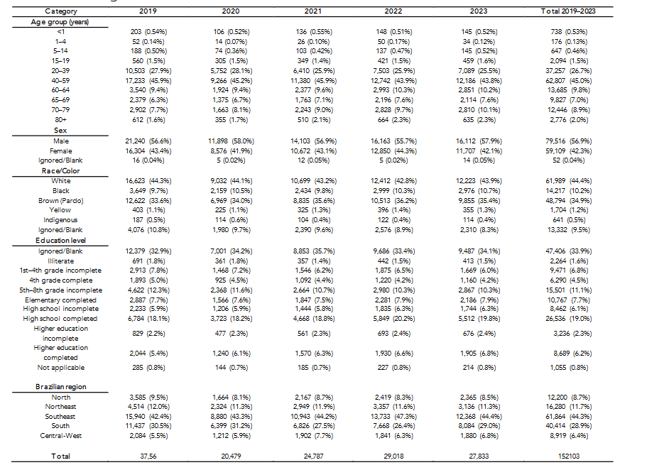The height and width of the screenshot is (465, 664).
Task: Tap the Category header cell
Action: (x=61, y=12)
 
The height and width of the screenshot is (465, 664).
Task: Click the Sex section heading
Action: (x=61, y=131)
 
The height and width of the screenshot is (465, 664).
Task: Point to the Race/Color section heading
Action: (x=61, y=171)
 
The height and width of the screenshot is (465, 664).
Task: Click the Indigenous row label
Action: (x=61, y=221)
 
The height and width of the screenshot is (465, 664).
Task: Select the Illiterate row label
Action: (x=61, y=261)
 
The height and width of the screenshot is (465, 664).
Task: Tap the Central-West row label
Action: (x=61, y=435)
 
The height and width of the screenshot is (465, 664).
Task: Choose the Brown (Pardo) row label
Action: (x=61, y=201)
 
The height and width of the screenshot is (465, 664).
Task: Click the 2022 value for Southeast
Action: (x=387, y=416)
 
